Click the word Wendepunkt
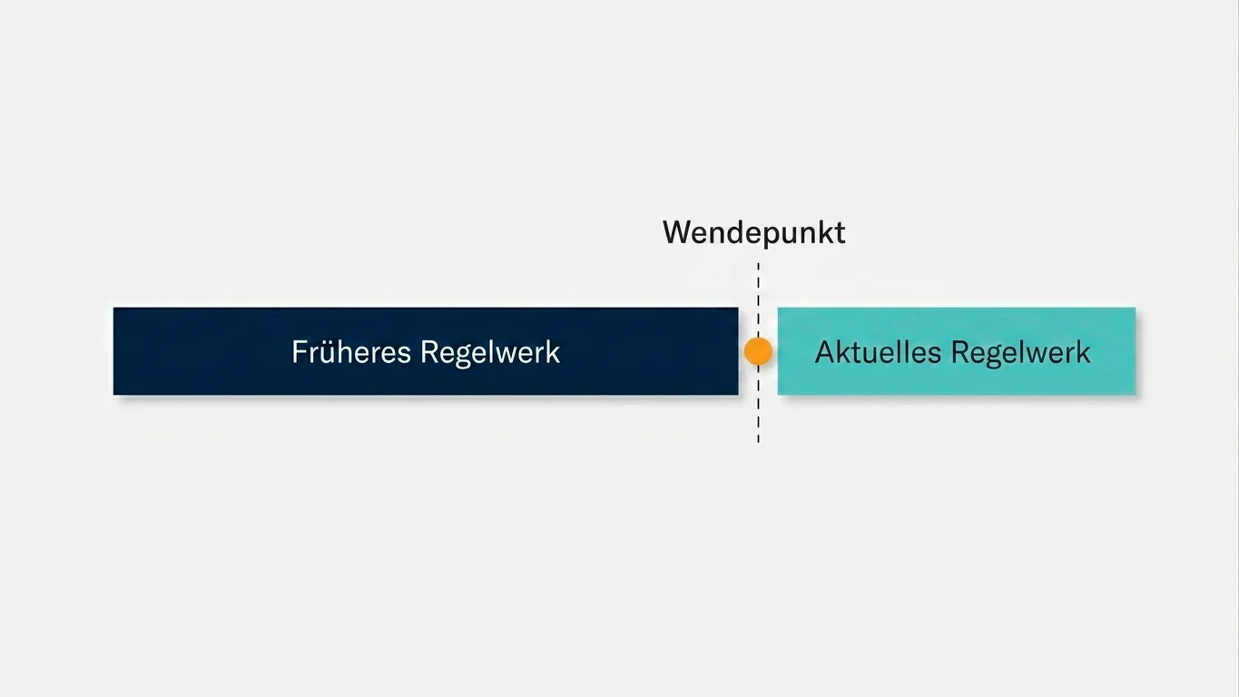coord(754,233)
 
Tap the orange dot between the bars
coord(758,351)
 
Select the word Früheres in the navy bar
coord(351,352)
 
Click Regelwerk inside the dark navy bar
coord(490,353)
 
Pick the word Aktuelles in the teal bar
coord(878,352)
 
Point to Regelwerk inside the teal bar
coord(1020,353)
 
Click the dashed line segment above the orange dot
coord(758,299)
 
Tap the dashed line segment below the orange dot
coord(758,405)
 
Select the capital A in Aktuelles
coord(826,352)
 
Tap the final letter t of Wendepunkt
coord(839,233)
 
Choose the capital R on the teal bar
coord(959,352)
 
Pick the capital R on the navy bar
coord(429,352)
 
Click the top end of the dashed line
coord(758,263)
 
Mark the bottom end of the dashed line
coord(758,443)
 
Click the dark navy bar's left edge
coord(114,351)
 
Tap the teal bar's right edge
coord(1135,351)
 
